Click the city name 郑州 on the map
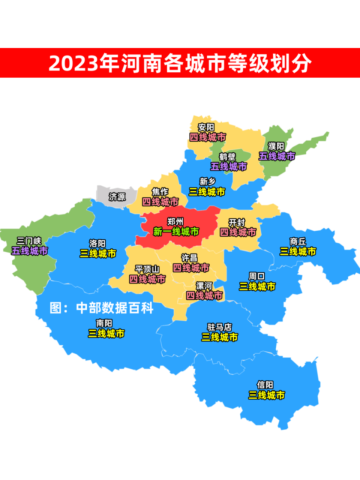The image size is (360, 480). pos(175,222)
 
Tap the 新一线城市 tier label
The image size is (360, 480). pos(176,232)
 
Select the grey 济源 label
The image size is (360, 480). pos(117,196)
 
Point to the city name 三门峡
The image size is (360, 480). pos(29,240)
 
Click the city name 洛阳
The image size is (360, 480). pos(97,243)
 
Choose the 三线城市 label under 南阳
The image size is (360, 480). pos(106,333)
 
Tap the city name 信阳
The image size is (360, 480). pos(265,385)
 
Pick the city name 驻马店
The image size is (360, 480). pos(219,327)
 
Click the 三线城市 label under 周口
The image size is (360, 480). pos(257,286)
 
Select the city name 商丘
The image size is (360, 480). pos(298,241)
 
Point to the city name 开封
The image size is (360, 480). pos(237,222)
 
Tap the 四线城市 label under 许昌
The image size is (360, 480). pos(191,268)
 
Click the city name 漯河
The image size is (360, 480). pos(204,286)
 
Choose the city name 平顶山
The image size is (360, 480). pos(147,269)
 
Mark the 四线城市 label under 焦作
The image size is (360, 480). pos(160,202)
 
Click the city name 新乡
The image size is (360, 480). pos(207,181)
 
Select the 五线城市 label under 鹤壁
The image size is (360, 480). pos(228,166)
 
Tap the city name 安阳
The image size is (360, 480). pos(206,127)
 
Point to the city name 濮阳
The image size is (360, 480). pos(276,146)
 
